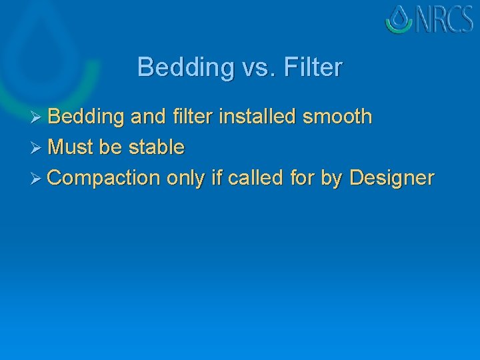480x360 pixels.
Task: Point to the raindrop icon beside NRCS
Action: (399, 19)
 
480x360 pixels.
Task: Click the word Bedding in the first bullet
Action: (86, 117)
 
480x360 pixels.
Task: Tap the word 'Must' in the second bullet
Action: (71, 147)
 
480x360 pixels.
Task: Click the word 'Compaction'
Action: (104, 179)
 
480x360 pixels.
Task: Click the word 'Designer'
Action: (391, 179)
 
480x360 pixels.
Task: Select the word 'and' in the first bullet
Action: (147, 117)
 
